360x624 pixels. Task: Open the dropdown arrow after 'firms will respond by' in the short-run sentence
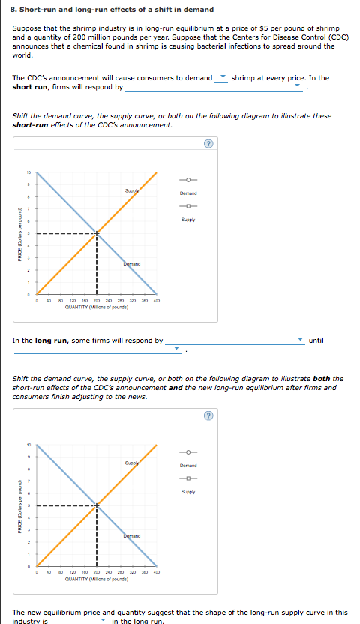pos(298,87)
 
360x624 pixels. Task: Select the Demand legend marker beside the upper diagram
pos(188,179)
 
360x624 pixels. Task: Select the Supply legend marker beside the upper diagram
pos(188,206)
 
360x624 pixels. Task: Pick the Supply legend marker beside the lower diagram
pos(188,478)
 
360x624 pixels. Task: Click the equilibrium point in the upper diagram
pos(97,233)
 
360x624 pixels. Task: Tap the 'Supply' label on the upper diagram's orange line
pos(135,192)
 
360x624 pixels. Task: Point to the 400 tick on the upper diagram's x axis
pos(157,301)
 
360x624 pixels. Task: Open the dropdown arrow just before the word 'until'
pos(300,340)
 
